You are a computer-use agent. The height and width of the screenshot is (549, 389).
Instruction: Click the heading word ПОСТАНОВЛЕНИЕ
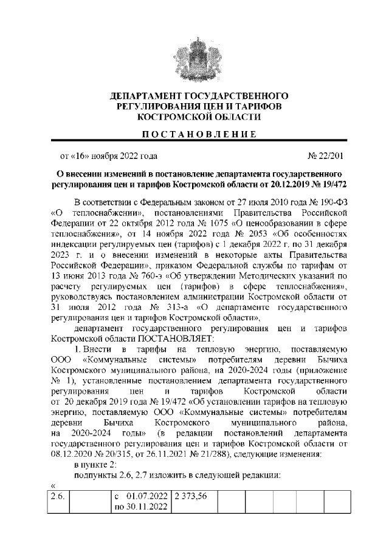tap(194, 133)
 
